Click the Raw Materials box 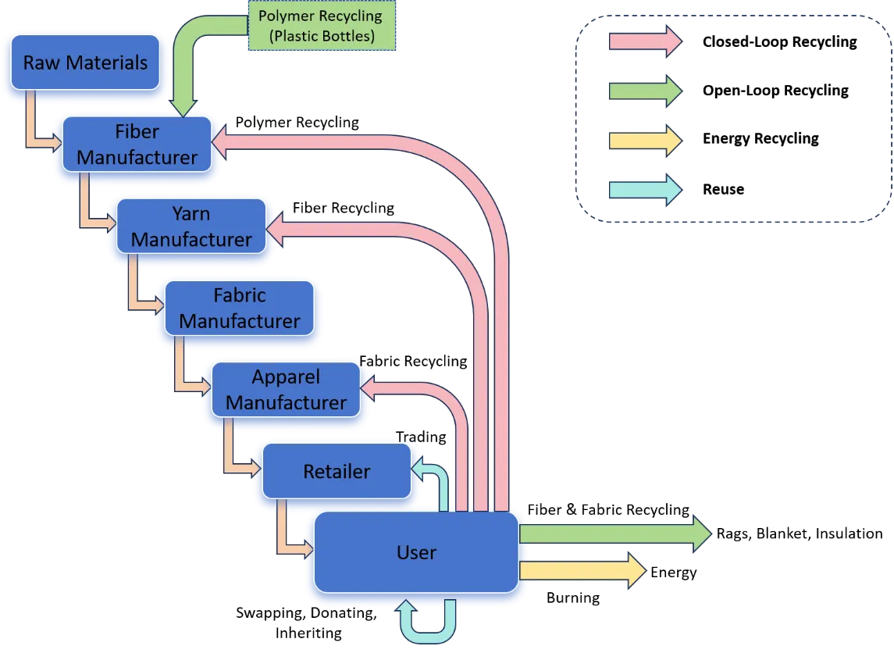[85, 62]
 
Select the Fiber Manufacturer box [137, 145]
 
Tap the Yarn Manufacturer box [191, 226]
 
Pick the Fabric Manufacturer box [239, 309]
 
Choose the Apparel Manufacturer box [286, 390]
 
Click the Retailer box [337, 471]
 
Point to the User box [416, 552]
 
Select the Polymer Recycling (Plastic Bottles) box [321, 27]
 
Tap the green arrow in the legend [644, 91]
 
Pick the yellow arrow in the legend [644, 141]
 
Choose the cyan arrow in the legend [644, 190]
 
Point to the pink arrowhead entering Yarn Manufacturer [276, 227]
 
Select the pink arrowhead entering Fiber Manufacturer [224, 141]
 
